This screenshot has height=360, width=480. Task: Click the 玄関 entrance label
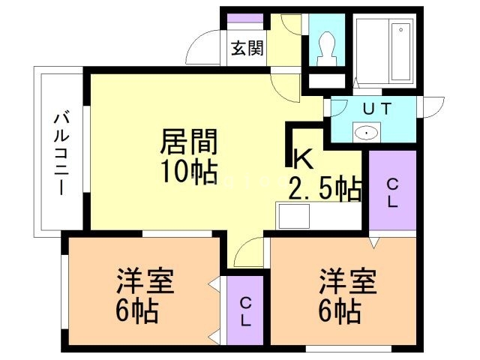[x=247, y=49]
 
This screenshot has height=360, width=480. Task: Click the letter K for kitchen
[x=301, y=158]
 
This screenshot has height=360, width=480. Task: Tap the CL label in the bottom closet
[x=246, y=310]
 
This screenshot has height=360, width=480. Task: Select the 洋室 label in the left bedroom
[x=145, y=283]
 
